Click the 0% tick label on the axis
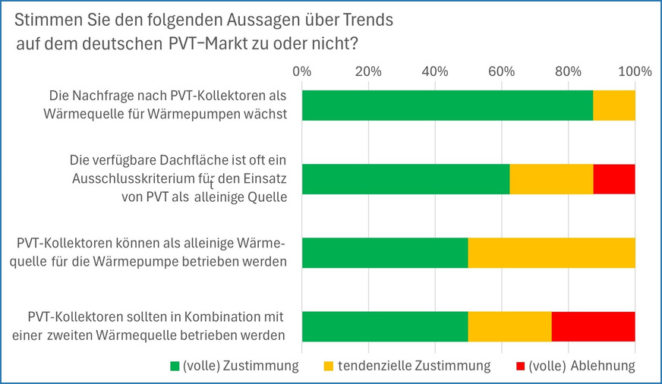point(302,72)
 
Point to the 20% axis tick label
point(368,72)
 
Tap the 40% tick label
point(435,72)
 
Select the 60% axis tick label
point(502,72)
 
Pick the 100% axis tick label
point(635,72)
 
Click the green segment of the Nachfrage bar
point(447,105)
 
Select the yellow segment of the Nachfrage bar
point(613,105)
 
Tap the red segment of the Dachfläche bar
point(613,178)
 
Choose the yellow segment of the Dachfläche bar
point(551,178)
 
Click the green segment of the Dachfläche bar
point(405,178)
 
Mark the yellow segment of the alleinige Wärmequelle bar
point(551,253)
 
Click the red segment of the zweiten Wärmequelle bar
point(593,326)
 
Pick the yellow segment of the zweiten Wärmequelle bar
point(509,326)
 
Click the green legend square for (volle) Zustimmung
point(174,367)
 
